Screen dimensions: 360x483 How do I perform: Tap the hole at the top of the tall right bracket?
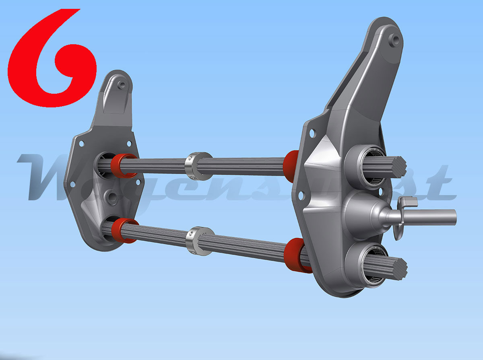[395, 39]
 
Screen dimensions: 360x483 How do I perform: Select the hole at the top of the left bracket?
[122, 85]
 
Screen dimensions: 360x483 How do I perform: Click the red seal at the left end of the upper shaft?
[123, 165]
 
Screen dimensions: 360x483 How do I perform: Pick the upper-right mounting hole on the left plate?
[129, 144]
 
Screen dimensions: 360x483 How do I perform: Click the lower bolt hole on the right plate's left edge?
[300, 195]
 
